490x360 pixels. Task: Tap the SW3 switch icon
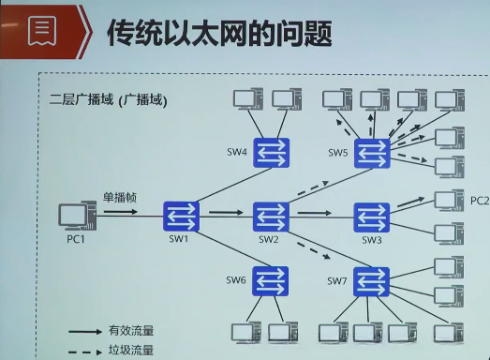tap(371, 217)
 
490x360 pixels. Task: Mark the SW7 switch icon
tap(371, 279)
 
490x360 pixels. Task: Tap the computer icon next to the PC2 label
tap(448, 201)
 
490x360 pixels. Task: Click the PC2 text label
tap(479, 201)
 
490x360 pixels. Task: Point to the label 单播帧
tap(120, 197)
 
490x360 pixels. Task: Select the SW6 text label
tap(235, 280)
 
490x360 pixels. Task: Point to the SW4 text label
tap(236, 152)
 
